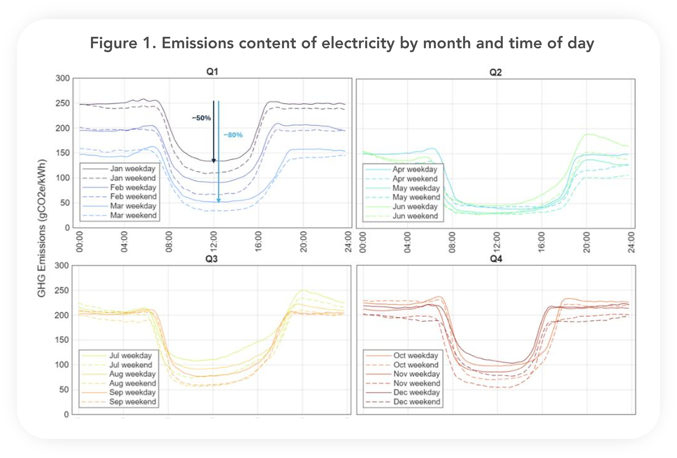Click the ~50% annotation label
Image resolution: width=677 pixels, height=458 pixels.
201,118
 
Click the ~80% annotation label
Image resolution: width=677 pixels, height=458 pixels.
233,135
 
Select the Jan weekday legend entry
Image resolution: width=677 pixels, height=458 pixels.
133,169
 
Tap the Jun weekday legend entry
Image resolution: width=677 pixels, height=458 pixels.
415,207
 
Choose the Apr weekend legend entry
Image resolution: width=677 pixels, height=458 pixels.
415,179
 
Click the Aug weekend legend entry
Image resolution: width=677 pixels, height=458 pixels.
133,383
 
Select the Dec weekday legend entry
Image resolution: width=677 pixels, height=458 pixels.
417,392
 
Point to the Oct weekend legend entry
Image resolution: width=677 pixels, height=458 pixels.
416,365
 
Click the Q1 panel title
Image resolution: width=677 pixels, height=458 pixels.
212,72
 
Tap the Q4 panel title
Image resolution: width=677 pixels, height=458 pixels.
496,259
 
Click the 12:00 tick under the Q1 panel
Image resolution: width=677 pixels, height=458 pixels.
214,242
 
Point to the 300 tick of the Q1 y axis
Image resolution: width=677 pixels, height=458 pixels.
63,78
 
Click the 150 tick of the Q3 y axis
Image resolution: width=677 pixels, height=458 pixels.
62,340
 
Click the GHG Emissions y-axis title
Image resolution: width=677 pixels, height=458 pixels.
42,228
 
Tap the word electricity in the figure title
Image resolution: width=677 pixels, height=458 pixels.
358,43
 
